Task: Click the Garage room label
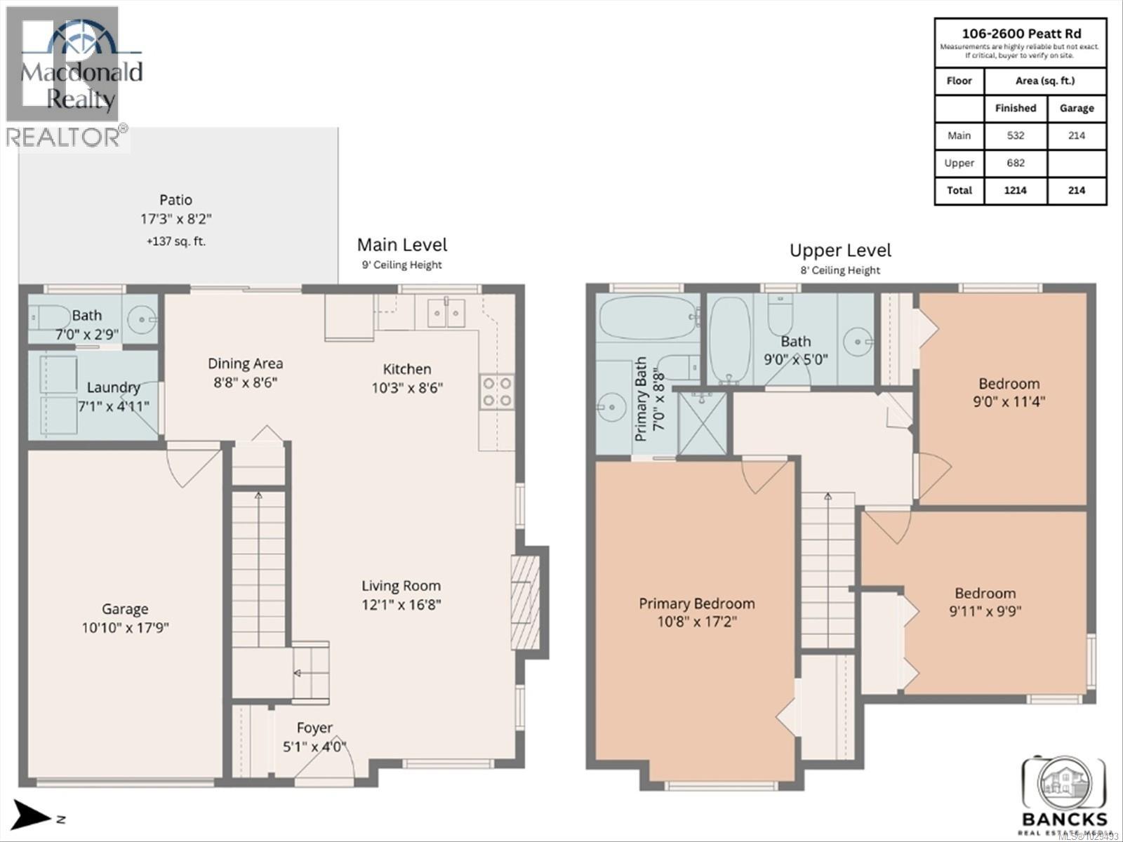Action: pyautogui.click(x=125, y=609)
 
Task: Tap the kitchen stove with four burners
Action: pyautogui.click(x=496, y=392)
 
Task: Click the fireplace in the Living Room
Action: pyautogui.click(x=526, y=602)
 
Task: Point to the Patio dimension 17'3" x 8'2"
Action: pyautogui.click(x=175, y=219)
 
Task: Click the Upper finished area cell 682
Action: pyautogui.click(x=1015, y=163)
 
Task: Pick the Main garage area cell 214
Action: pyautogui.click(x=1076, y=135)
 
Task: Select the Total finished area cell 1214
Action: pyautogui.click(x=1015, y=190)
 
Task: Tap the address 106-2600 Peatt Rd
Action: pyautogui.click(x=1021, y=33)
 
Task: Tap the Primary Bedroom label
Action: pyautogui.click(x=696, y=603)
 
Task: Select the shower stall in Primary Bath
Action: pyautogui.click(x=702, y=422)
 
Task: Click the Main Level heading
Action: pyautogui.click(x=401, y=245)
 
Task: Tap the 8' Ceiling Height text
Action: pyautogui.click(x=840, y=270)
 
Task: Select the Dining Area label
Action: pyautogui.click(x=245, y=363)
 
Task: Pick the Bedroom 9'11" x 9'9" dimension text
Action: pyautogui.click(x=985, y=611)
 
